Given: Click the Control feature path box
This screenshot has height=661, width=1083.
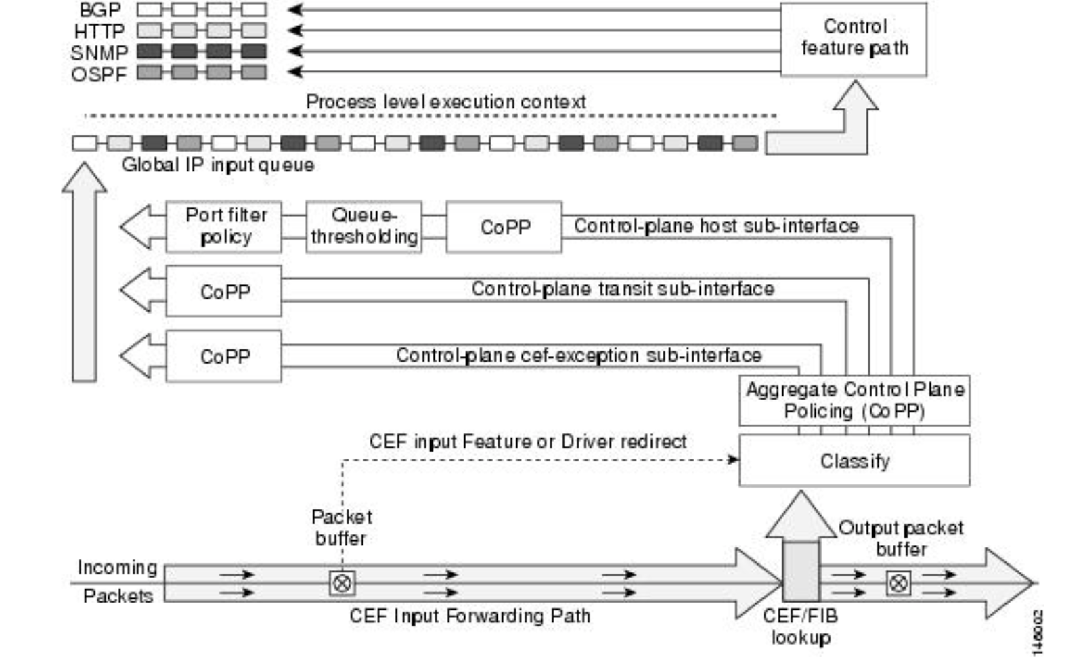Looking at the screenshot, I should click(854, 39).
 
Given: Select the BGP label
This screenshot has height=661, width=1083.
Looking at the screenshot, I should click(100, 10).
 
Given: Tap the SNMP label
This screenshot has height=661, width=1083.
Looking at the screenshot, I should click(99, 52).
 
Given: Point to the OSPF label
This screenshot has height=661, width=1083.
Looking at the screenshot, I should click(99, 74).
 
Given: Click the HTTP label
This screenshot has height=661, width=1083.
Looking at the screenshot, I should click(100, 31).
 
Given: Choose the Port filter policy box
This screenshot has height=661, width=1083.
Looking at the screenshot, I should click(224, 226).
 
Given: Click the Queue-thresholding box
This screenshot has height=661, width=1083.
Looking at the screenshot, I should click(364, 226).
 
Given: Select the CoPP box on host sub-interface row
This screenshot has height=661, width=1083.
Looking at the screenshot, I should click(504, 227).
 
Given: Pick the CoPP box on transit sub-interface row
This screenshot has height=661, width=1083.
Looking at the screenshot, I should click(224, 291).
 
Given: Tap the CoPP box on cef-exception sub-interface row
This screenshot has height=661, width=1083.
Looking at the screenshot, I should click(224, 356).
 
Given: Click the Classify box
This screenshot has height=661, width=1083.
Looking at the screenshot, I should click(854, 461).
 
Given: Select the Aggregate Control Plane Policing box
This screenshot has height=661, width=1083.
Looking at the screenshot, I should click(854, 400).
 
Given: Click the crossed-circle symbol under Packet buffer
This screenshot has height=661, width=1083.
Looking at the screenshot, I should click(342, 582).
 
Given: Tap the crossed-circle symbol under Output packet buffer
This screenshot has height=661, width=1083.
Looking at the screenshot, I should click(898, 582).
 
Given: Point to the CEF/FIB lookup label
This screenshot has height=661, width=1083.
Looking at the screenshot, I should click(800, 626).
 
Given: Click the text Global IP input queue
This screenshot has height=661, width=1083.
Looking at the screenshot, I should click(217, 165).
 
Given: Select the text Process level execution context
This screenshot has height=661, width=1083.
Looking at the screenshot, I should click(445, 102).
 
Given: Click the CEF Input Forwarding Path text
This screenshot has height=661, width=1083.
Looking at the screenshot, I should click(470, 616).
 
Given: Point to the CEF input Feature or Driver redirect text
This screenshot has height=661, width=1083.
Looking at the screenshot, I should click(527, 442).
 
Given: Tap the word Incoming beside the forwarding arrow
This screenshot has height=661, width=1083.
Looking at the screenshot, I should click(117, 568).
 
